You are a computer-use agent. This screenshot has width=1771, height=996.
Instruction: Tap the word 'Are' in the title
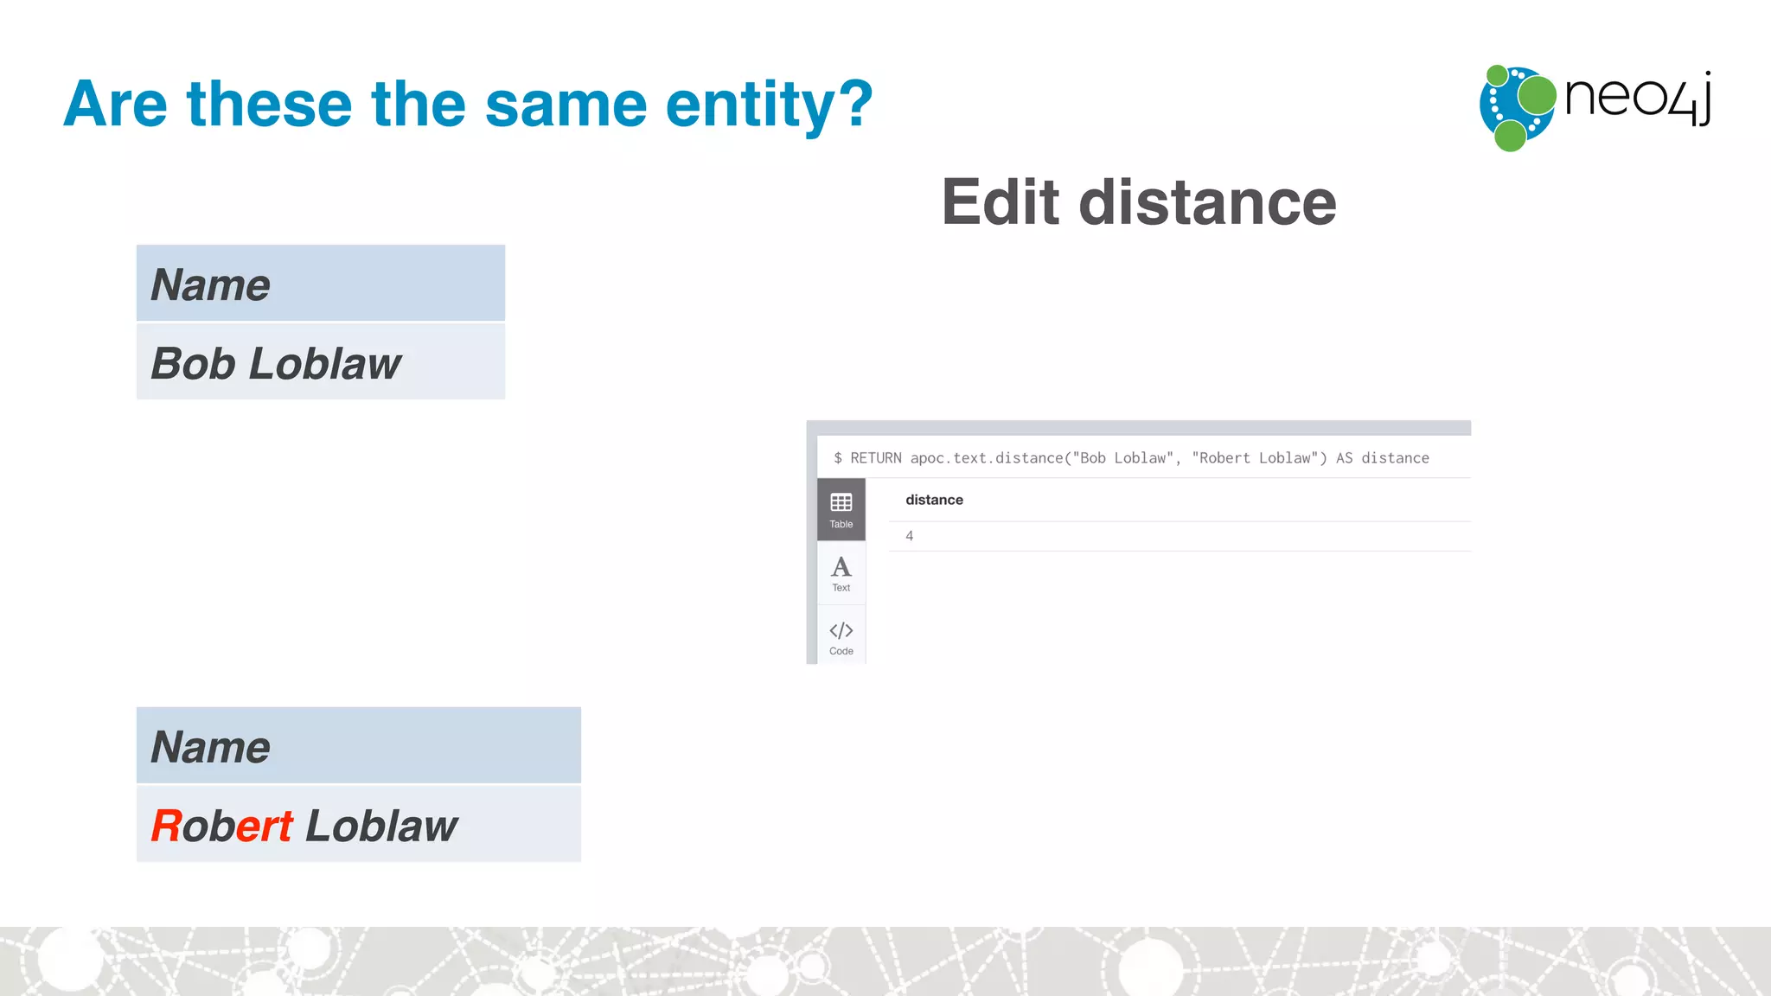click(115, 104)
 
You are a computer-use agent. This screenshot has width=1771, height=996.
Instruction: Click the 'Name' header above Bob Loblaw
click(210, 284)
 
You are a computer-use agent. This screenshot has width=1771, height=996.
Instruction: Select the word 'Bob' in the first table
click(193, 363)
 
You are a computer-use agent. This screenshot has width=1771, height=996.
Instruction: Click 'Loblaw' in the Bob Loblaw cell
click(325, 363)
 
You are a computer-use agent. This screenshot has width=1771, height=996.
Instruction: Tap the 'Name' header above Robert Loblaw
click(210, 747)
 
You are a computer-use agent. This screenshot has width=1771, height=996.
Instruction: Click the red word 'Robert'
click(222, 826)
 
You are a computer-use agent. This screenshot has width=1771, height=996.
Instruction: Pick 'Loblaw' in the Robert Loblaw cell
click(381, 826)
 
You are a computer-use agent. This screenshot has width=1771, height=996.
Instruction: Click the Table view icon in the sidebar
click(841, 509)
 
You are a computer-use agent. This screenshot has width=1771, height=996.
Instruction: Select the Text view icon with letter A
click(841, 573)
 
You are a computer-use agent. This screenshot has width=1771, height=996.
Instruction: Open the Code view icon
click(841, 636)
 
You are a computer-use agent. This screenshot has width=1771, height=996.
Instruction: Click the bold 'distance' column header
click(934, 500)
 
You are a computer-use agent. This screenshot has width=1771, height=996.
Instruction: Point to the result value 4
click(909, 536)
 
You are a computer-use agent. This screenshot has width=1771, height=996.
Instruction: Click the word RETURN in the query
click(875, 458)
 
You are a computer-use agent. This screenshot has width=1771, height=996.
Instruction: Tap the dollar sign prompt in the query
click(838, 458)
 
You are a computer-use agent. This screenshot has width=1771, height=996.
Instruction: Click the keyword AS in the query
click(1344, 458)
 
